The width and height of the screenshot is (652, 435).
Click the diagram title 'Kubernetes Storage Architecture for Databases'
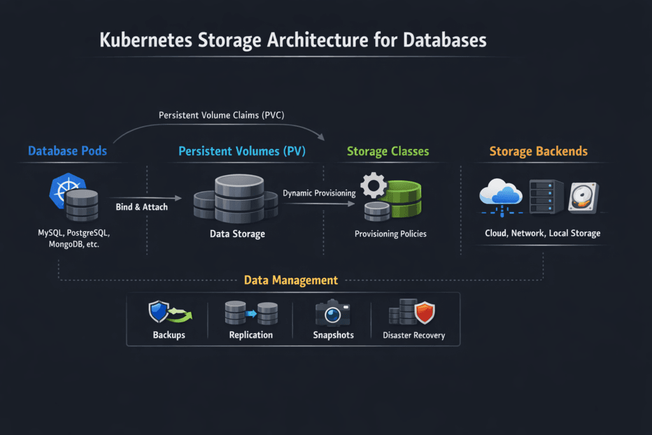point(293,40)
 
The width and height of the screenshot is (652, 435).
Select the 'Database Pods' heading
point(67,152)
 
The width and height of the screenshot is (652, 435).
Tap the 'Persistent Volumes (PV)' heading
point(242,152)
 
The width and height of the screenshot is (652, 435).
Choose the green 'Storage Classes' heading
point(388,152)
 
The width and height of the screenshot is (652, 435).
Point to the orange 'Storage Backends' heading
point(538,152)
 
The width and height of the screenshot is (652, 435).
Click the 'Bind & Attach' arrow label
point(141,207)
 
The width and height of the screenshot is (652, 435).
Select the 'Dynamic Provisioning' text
point(319,192)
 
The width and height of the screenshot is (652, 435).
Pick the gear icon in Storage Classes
point(374,187)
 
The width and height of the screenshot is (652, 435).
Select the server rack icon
point(546,197)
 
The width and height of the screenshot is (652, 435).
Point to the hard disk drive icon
point(583,198)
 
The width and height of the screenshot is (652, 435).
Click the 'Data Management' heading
point(290,280)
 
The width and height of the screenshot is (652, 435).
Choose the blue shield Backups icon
point(159,312)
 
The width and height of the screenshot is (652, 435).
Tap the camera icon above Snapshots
point(332,314)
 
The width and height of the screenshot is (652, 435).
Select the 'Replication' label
point(251,335)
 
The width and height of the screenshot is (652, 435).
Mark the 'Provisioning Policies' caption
point(390,234)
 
